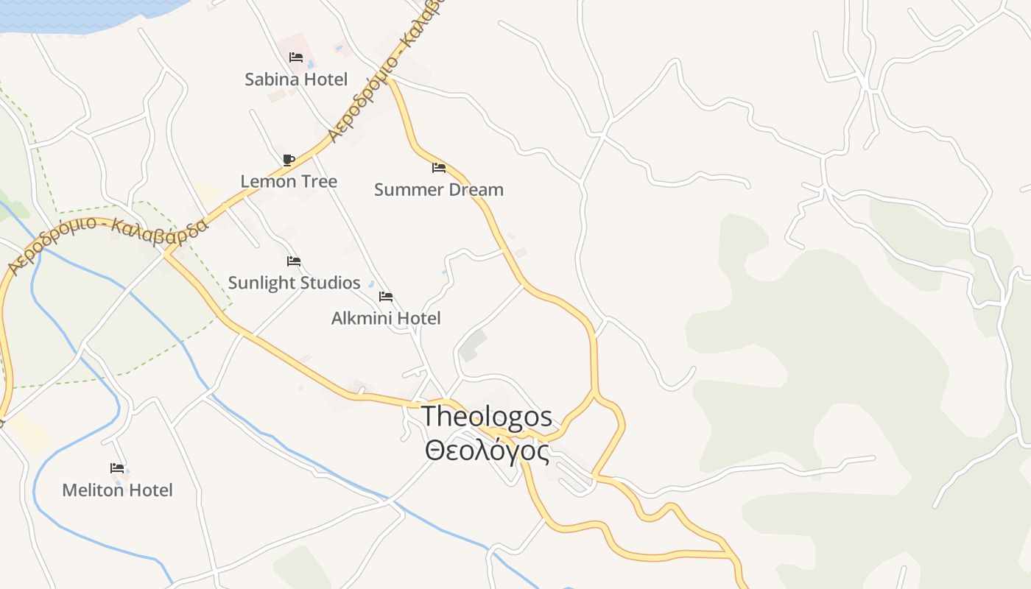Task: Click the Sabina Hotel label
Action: [x=296, y=80]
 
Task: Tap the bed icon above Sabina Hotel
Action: [x=296, y=57]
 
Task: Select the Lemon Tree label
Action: [x=289, y=181]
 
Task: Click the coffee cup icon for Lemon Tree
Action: [x=289, y=160]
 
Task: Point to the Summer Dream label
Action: [x=439, y=190]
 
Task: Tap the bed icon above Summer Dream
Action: [x=439, y=168]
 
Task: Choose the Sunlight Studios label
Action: [x=294, y=283]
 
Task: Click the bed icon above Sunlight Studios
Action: [x=294, y=261]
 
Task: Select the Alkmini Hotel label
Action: [x=386, y=318]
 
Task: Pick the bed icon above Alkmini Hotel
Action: [x=386, y=297]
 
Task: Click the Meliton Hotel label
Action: [x=117, y=490]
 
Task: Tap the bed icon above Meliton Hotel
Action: [x=117, y=468]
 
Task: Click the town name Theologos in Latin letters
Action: [x=487, y=417]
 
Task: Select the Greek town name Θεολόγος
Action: [x=487, y=450]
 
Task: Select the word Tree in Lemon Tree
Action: [x=318, y=181]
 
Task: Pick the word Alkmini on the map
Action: [x=362, y=318]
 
